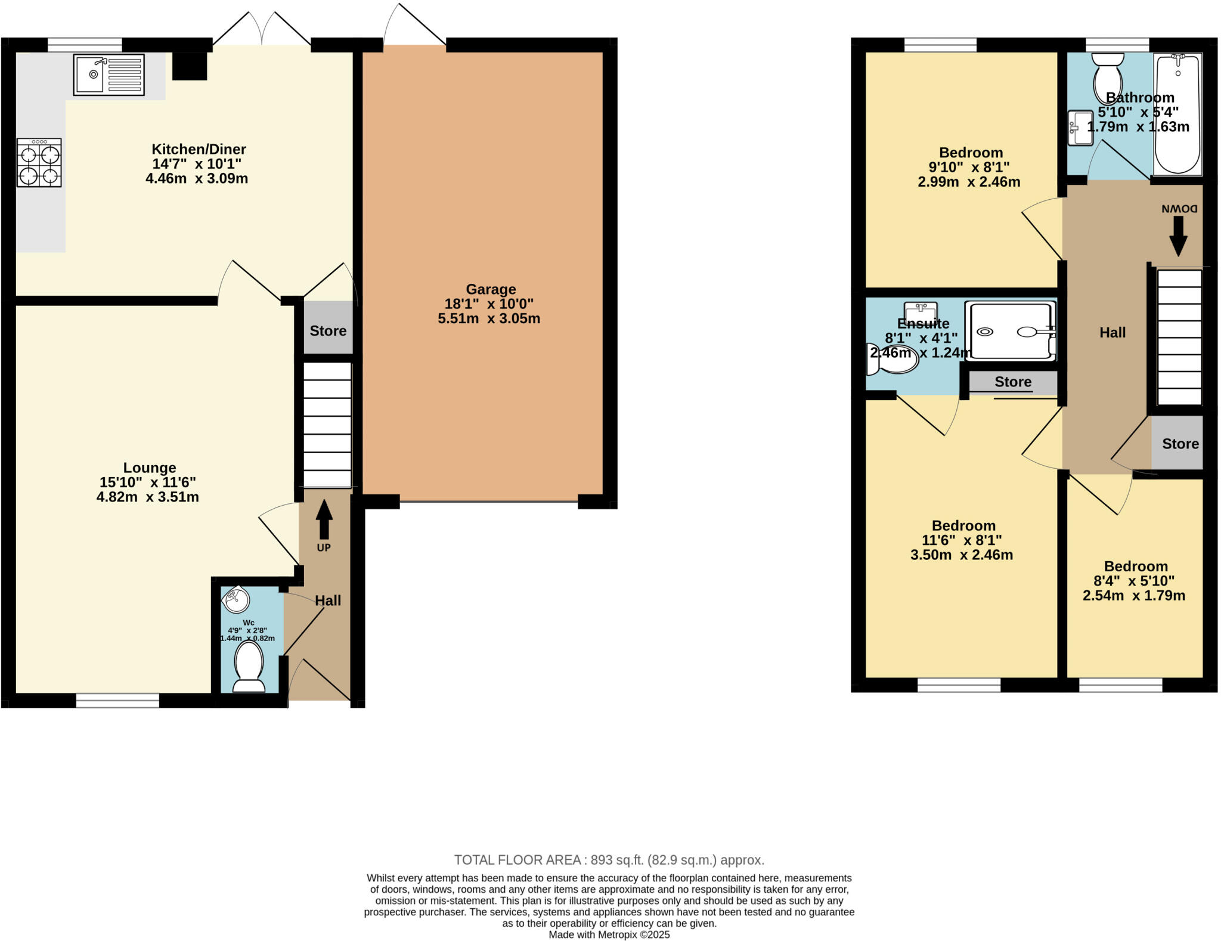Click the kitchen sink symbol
109,75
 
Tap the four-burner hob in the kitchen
39,163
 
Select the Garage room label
491,289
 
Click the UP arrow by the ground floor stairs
324,520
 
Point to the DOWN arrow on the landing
1178,236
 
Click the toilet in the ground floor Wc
249,666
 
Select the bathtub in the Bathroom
1177,113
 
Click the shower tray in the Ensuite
1010,332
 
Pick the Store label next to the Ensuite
1013,382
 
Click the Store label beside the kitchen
328,331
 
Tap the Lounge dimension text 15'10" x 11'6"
148,482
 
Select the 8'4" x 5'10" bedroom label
1134,581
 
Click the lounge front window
117,700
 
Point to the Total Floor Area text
609,860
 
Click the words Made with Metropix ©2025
609,935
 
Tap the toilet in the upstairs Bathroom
1108,78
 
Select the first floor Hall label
1112,333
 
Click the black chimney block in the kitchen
190,66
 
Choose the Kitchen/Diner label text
199,149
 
